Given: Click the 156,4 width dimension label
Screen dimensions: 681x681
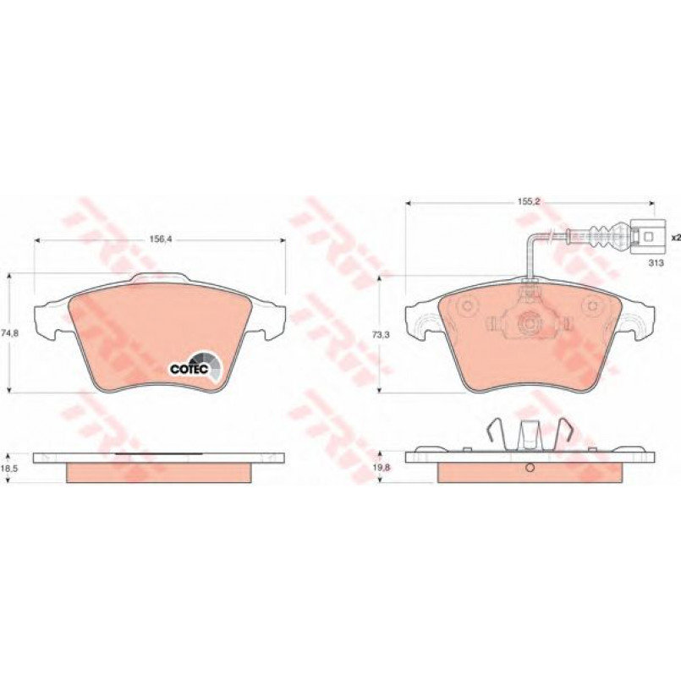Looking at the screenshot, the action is pyautogui.click(x=161, y=239).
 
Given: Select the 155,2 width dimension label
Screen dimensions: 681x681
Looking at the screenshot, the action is pyautogui.click(x=528, y=201).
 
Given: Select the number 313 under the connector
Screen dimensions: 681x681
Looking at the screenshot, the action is pyautogui.click(x=656, y=263).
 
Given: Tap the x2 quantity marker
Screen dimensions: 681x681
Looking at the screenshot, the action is pyautogui.click(x=675, y=238).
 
